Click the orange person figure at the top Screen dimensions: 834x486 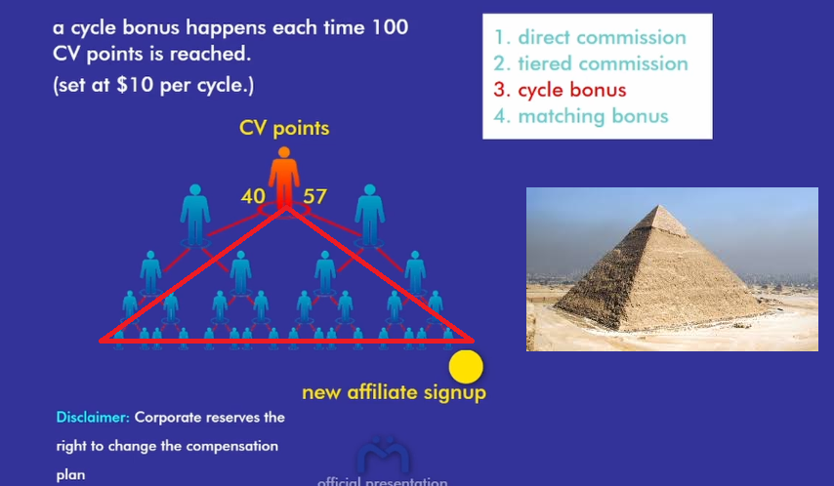[284, 179]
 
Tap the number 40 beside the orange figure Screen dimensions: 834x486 [253, 196]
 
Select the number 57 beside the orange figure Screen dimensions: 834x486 [314, 196]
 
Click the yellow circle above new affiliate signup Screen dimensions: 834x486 [466, 366]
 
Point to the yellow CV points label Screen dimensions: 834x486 [284, 128]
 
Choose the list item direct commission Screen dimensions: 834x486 [590, 37]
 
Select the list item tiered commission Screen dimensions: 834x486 [591, 63]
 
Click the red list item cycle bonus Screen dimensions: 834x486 [560, 90]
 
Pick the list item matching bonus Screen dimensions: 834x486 [581, 116]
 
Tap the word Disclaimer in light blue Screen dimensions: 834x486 [93, 417]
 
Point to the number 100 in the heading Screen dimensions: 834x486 [390, 27]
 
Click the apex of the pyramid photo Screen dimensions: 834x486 [659, 205]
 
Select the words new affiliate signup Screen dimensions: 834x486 [395, 392]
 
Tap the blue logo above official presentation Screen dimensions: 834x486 [383, 455]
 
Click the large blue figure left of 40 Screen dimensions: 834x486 [195, 215]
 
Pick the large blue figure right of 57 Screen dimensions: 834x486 [370, 215]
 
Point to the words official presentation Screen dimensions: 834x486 [383, 482]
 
